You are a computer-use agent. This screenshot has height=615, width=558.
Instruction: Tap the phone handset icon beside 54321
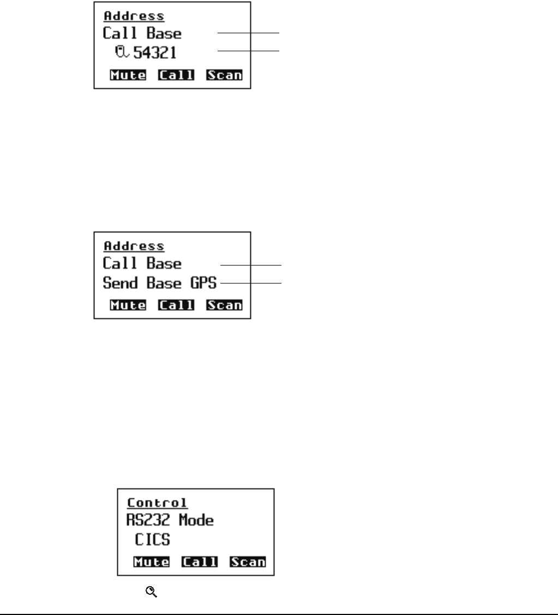(x=121, y=52)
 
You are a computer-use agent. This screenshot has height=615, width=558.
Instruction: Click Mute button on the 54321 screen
(x=128, y=75)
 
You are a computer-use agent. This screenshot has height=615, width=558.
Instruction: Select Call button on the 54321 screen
(x=176, y=75)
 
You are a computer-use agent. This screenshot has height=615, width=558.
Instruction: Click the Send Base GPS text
(x=159, y=284)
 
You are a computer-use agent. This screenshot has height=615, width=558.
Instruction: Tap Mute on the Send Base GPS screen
(x=128, y=305)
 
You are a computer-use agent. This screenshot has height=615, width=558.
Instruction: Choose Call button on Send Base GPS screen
(x=176, y=305)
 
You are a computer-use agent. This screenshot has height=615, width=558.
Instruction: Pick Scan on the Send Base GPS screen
(x=224, y=305)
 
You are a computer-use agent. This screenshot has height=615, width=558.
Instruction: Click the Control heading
(x=157, y=502)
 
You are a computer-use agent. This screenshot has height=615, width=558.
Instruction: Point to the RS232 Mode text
(x=170, y=520)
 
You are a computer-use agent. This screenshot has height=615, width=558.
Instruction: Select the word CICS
(x=153, y=540)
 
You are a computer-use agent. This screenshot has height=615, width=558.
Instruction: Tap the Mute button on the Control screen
(x=152, y=562)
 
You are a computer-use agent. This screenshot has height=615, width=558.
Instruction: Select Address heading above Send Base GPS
(x=134, y=246)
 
